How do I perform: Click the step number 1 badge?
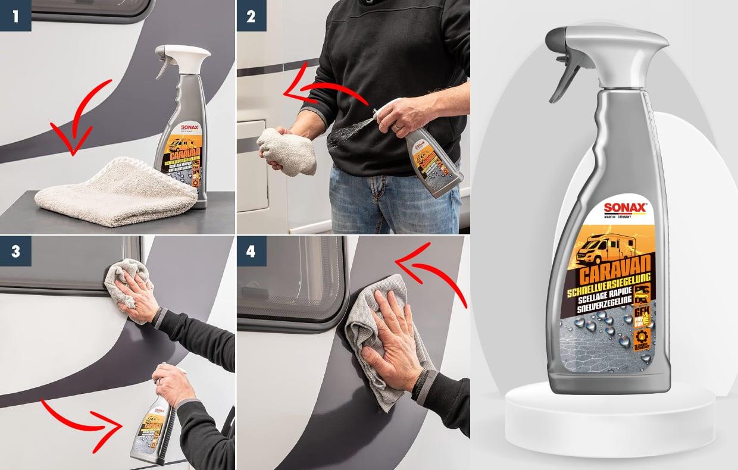15,15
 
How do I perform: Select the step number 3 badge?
15,251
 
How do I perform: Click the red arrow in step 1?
77,119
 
